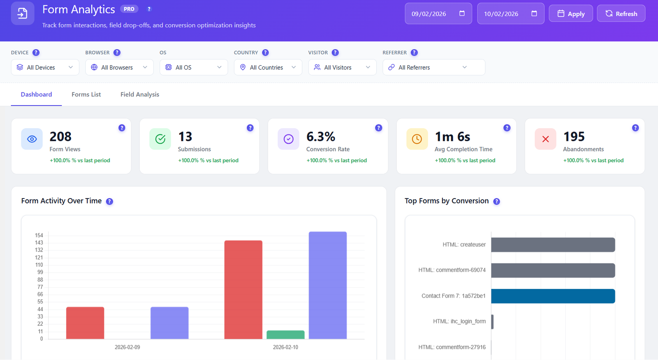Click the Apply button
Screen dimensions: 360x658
tap(571, 14)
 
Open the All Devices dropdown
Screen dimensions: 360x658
tap(45, 67)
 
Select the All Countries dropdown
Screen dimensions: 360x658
tap(268, 67)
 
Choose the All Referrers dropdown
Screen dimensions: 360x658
tap(433, 67)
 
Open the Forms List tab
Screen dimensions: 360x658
tap(86, 95)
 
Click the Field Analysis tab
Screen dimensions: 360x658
tap(139, 95)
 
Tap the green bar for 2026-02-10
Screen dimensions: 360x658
tap(285, 335)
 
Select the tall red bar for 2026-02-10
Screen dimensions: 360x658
tap(243, 290)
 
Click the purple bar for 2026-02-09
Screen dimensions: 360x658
tap(169, 323)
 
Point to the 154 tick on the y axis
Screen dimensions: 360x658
tap(39, 235)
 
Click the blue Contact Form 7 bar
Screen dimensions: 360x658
tap(553, 296)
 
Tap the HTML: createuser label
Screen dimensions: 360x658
tap(464, 245)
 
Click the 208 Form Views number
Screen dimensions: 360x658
tap(60, 136)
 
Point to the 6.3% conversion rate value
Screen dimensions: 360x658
tap(321, 136)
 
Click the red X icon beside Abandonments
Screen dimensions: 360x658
tap(545, 139)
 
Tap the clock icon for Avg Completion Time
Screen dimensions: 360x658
tap(417, 139)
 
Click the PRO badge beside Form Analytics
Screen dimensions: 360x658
tap(129, 9)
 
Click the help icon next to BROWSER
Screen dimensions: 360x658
tap(117, 53)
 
